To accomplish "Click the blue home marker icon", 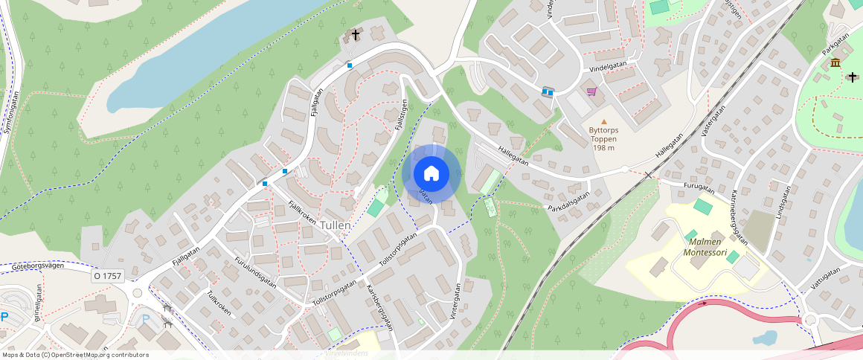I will (x=431, y=174).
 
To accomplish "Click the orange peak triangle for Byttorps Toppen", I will (x=604, y=120).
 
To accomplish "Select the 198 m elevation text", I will (x=603, y=147).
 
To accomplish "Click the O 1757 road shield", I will (x=108, y=276).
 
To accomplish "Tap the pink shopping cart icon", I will (x=591, y=91).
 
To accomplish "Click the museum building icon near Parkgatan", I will (x=835, y=62).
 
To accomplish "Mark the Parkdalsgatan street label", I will (x=568, y=202).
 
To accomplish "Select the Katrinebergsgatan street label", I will (x=738, y=216).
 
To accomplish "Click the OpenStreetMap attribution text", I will (x=75, y=355).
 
